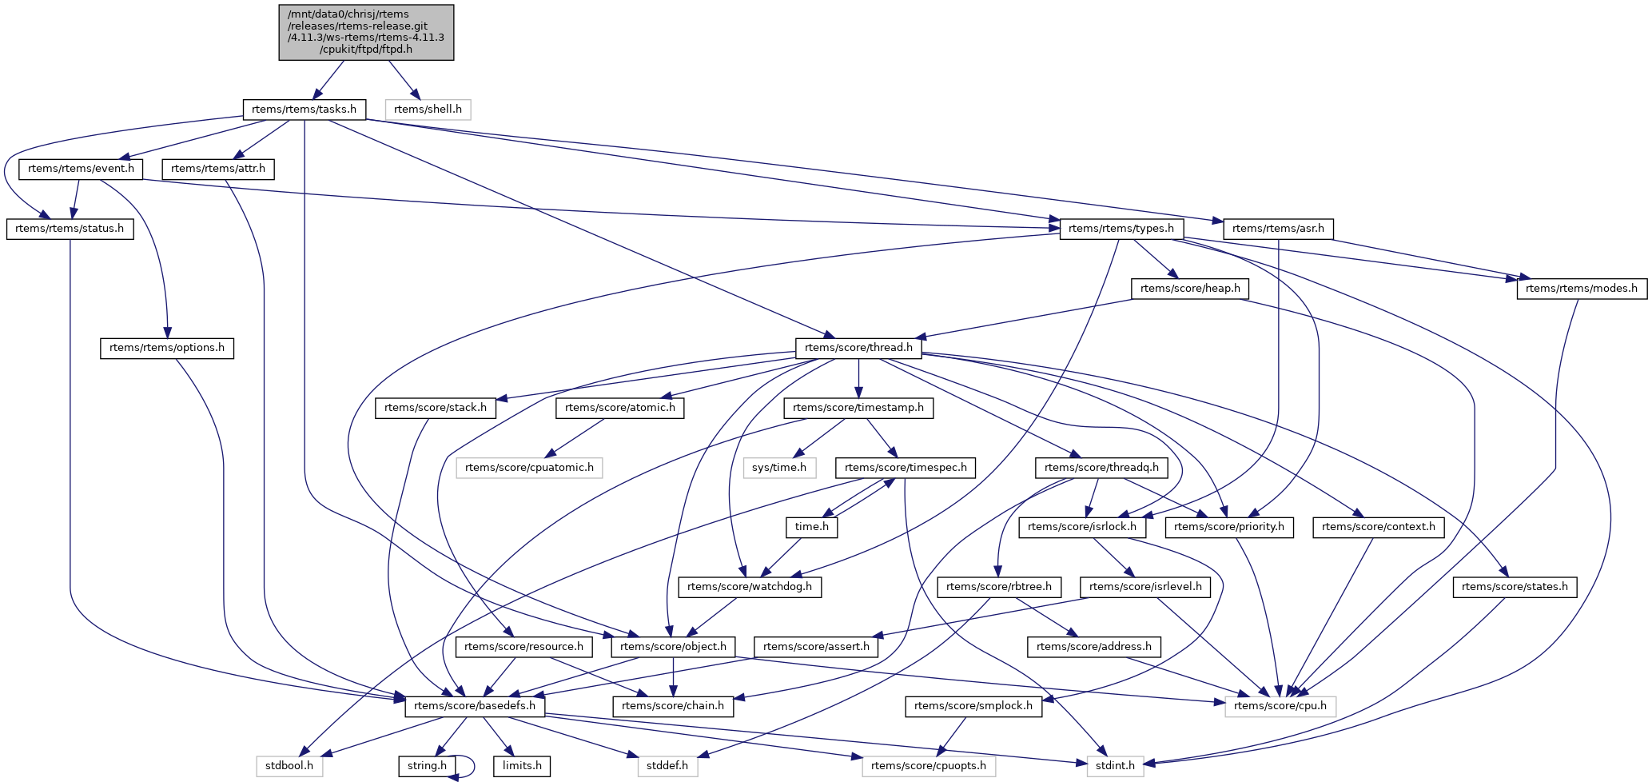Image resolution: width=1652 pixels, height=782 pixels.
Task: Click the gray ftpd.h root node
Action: click(x=366, y=32)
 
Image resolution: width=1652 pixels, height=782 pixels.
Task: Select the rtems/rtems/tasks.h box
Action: click(x=304, y=109)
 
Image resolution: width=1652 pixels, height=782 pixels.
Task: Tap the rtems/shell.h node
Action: click(x=428, y=109)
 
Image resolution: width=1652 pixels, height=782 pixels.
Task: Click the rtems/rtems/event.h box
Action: click(x=82, y=169)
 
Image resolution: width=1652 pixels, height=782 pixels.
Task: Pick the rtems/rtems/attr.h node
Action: click(x=218, y=169)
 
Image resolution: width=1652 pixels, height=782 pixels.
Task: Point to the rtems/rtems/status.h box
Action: click(x=70, y=229)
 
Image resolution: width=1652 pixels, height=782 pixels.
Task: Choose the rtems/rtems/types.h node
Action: click(x=1121, y=229)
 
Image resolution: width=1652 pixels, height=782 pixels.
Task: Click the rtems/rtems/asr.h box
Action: click(x=1278, y=229)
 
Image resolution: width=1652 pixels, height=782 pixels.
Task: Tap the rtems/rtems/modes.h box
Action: click(x=1581, y=288)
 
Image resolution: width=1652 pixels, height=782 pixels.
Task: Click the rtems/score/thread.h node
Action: click(x=858, y=348)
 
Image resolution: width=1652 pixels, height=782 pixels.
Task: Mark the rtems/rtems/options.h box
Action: click(x=167, y=348)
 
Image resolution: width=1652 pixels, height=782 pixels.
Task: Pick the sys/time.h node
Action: click(x=779, y=467)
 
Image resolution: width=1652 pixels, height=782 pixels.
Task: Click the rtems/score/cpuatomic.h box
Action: click(x=529, y=467)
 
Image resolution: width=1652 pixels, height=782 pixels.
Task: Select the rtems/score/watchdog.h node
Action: click(x=749, y=587)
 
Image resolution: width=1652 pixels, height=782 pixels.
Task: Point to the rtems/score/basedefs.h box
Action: click(x=475, y=706)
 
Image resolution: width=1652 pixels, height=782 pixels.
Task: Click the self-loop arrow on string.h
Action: click(x=472, y=766)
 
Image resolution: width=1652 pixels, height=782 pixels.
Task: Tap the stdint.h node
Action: click(x=1115, y=766)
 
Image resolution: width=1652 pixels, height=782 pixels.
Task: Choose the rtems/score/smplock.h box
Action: click(x=973, y=706)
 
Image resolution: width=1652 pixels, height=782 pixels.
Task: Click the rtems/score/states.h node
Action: click(x=1515, y=587)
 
